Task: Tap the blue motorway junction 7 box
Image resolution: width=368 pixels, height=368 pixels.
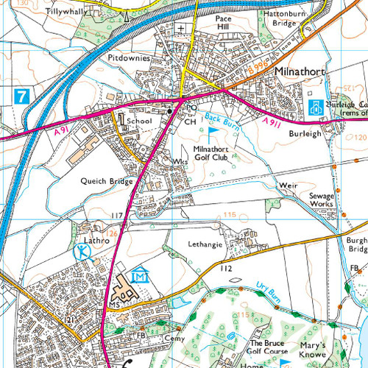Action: [22, 95]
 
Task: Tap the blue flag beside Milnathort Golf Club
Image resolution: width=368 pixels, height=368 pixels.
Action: [214, 132]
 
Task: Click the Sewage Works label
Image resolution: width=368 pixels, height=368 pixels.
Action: [322, 200]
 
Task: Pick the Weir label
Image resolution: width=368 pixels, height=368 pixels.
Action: [288, 186]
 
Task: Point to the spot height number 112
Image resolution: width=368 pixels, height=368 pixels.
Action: [225, 269]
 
